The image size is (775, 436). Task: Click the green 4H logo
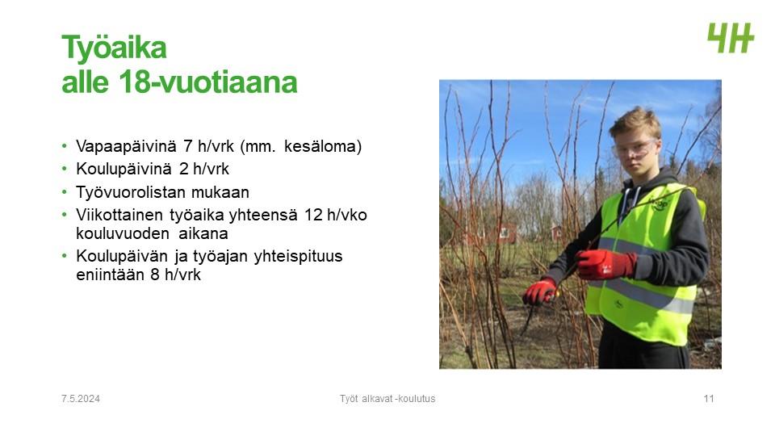click(x=731, y=38)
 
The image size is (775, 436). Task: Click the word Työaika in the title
click(x=114, y=48)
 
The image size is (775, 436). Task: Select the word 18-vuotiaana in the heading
click(x=208, y=82)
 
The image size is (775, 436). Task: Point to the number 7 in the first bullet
click(x=188, y=146)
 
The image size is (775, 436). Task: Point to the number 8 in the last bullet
click(x=155, y=275)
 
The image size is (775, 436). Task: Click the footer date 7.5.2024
click(x=81, y=399)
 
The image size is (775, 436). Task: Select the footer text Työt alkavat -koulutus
click(x=387, y=399)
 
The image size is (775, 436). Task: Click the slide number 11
click(x=709, y=399)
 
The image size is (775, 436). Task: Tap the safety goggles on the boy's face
click(x=635, y=149)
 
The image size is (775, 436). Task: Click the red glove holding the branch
click(x=605, y=263)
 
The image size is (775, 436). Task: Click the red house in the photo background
click(x=504, y=233)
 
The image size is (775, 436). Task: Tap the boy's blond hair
click(x=635, y=122)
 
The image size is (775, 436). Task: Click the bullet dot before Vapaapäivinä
click(x=65, y=146)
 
